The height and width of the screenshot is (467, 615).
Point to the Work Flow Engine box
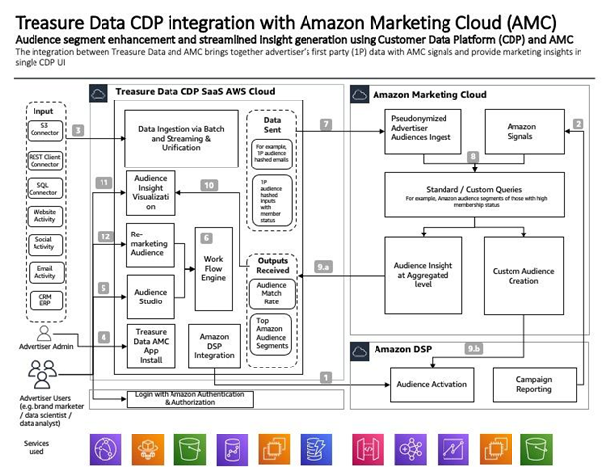point(214,264)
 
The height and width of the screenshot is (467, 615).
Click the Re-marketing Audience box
point(150,244)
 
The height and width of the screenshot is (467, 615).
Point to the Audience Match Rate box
point(271,293)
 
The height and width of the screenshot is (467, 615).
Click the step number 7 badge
point(326,125)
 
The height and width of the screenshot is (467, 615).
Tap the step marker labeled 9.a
point(323,266)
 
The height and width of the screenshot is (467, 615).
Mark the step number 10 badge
point(208,185)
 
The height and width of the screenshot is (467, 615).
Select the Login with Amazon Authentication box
point(174,397)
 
